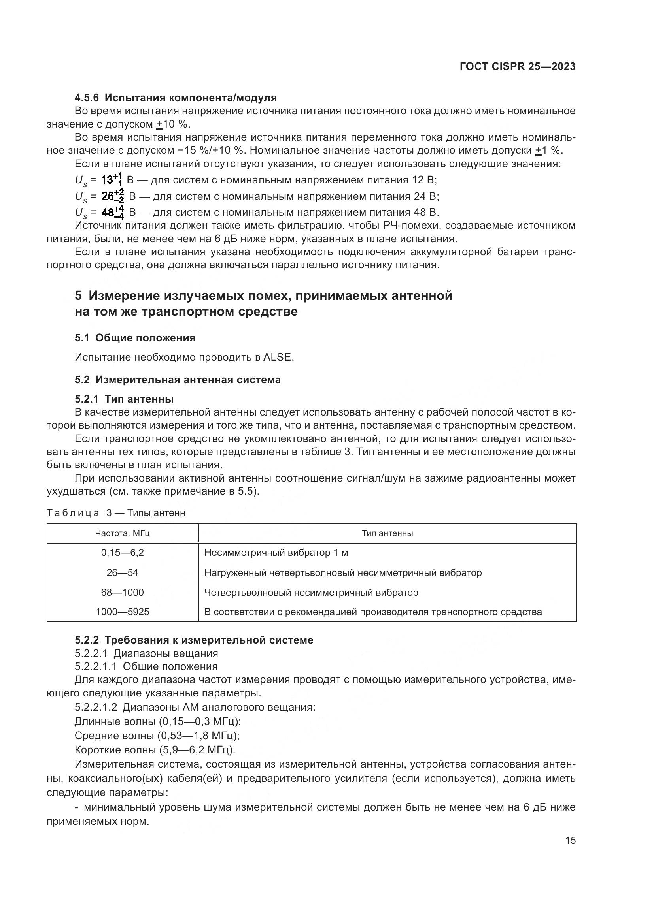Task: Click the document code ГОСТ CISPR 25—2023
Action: tap(518, 67)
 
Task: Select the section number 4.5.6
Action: tap(87, 98)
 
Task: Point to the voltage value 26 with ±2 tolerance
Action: tap(112, 196)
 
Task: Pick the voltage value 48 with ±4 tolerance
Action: tap(112, 212)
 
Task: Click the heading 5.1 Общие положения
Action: tap(135, 338)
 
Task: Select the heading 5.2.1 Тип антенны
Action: tap(124, 399)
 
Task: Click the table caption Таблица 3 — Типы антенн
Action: tap(116, 513)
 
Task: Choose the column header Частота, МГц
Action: tap(123, 533)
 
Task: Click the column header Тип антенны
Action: tap(387, 533)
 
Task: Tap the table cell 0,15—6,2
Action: tap(123, 553)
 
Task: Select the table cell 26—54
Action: tap(123, 572)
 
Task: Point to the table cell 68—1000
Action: tap(123, 592)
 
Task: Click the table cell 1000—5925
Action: tap(123, 612)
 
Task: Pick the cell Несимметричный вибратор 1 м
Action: tap(276, 553)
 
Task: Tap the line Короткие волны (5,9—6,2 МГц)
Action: tap(155, 750)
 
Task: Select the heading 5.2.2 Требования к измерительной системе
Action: tap(194, 640)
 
